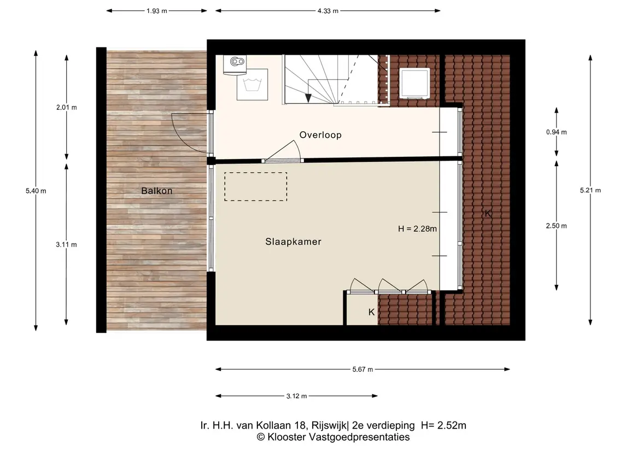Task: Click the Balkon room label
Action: pyautogui.click(x=156, y=191)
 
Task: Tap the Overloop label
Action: pyautogui.click(x=320, y=135)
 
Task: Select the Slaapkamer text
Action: pyautogui.click(x=293, y=242)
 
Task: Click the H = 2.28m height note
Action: pyautogui.click(x=417, y=229)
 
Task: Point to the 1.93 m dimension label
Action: pyautogui.click(x=156, y=11)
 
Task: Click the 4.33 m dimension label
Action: pyautogui.click(x=328, y=11)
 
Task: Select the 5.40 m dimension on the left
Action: pyautogui.click(x=36, y=191)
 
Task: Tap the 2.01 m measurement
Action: pyautogui.click(x=67, y=107)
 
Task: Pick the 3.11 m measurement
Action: pyautogui.click(x=66, y=244)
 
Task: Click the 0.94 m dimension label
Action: pyautogui.click(x=557, y=132)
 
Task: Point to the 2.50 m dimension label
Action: pyautogui.click(x=557, y=226)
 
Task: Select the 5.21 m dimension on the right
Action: pyautogui.click(x=590, y=190)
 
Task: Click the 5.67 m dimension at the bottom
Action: pyautogui.click(x=362, y=370)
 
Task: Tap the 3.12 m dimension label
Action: pyautogui.click(x=297, y=396)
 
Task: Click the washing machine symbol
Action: pyautogui.click(x=253, y=85)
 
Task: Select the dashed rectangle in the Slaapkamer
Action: pyautogui.click(x=255, y=186)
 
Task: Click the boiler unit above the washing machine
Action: pyautogui.click(x=235, y=65)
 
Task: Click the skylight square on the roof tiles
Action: pyautogui.click(x=415, y=83)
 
